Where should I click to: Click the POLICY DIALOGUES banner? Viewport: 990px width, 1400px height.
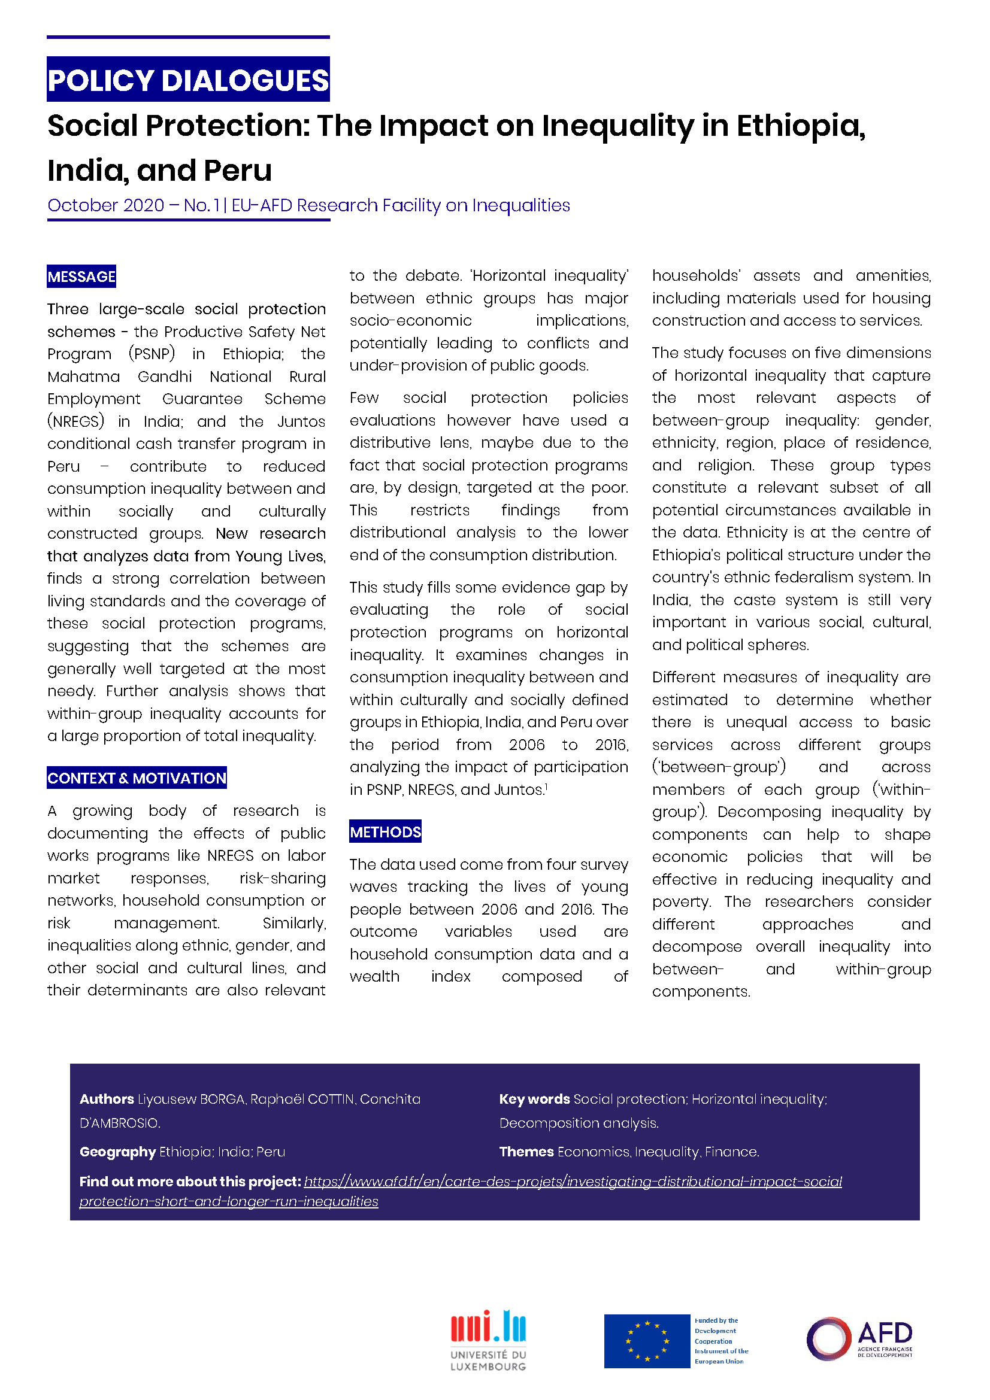[188, 80]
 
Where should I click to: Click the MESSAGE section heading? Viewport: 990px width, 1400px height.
[81, 277]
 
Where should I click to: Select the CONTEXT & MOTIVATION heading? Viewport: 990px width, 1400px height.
[137, 778]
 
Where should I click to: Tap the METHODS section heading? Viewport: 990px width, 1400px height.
[385, 832]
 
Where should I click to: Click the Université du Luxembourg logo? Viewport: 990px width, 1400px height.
[488, 1340]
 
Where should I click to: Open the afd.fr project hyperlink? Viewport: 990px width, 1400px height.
[572, 1182]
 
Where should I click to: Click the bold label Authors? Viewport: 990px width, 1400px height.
[107, 1099]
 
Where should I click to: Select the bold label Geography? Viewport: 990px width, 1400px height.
[118, 1152]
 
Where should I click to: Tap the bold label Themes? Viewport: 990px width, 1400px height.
[526, 1152]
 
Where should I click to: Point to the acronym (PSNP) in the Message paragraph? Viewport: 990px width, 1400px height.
[152, 354]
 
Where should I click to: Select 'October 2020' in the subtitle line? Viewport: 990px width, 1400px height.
[105, 205]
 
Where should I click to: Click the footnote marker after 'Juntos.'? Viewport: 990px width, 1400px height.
[546, 786]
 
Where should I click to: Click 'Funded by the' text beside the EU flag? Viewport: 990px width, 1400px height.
[716, 1321]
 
